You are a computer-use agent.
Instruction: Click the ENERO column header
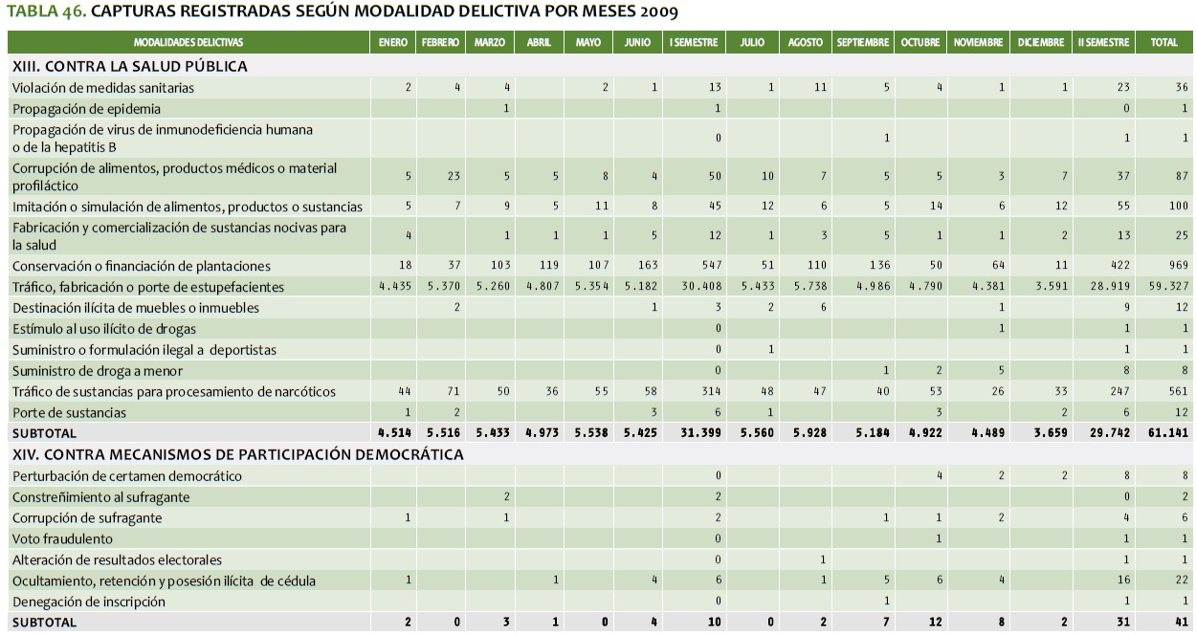(x=393, y=42)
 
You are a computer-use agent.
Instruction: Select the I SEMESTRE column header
(x=694, y=42)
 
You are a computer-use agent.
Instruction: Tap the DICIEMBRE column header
(x=1041, y=42)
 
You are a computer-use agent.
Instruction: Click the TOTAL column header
(x=1164, y=42)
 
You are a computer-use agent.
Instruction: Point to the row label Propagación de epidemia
(x=86, y=109)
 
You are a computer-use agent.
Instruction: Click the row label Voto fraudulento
(x=62, y=539)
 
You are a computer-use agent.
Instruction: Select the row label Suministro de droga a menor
(x=98, y=371)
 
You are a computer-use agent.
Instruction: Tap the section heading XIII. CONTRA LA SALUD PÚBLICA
(x=130, y=66)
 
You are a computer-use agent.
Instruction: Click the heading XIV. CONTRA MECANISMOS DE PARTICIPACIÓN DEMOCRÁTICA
(x=237, y=454)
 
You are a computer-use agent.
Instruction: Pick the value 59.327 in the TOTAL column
(x=1169, y=286)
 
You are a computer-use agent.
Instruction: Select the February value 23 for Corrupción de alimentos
(x=454, y=176)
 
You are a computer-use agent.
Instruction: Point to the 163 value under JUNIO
(x=647, y=265)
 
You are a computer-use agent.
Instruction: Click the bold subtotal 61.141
(x=1168, y=432)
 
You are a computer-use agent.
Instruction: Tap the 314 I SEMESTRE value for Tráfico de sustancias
(x=711, y=391)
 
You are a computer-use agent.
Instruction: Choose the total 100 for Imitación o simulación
(x=1178, y=206)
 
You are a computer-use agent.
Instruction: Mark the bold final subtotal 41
(x=1182, y=622)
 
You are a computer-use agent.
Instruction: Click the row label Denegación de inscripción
(x=89, y=602)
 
